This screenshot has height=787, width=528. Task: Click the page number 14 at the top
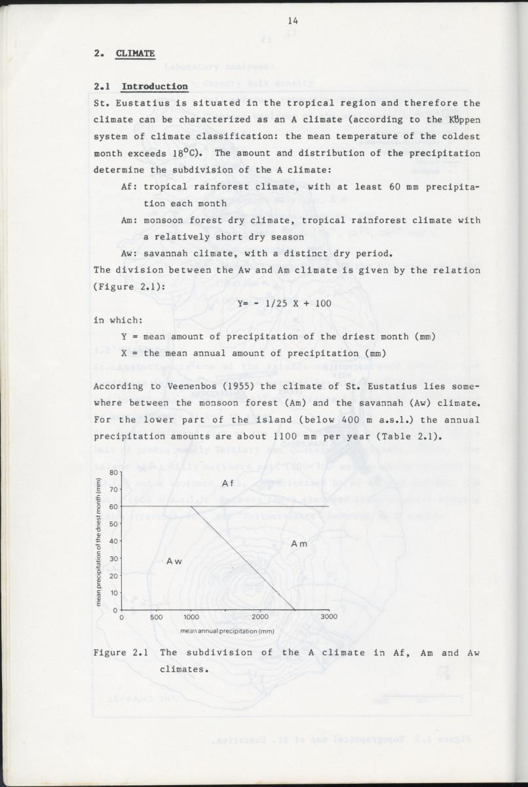[x=292, y=22]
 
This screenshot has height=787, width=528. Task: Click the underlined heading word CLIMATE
[x=135, y=54]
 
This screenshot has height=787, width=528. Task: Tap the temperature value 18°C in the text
[x=187, y=153]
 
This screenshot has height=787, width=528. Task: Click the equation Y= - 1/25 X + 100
[x=284, y=303]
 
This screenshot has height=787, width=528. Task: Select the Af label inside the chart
[x=228, y=483]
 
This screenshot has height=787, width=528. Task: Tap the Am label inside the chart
[x=299, y=544]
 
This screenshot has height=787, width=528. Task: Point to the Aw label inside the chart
[x=174, y=561]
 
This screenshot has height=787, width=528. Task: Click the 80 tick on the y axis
[x=113, y=472]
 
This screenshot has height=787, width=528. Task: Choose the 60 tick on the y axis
[x=113, y=506]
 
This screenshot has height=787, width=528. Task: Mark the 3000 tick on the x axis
[x=329, y=616]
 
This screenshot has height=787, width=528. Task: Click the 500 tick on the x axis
[x=157, y=616]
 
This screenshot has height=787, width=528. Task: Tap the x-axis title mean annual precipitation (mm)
[x=227, y=631]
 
